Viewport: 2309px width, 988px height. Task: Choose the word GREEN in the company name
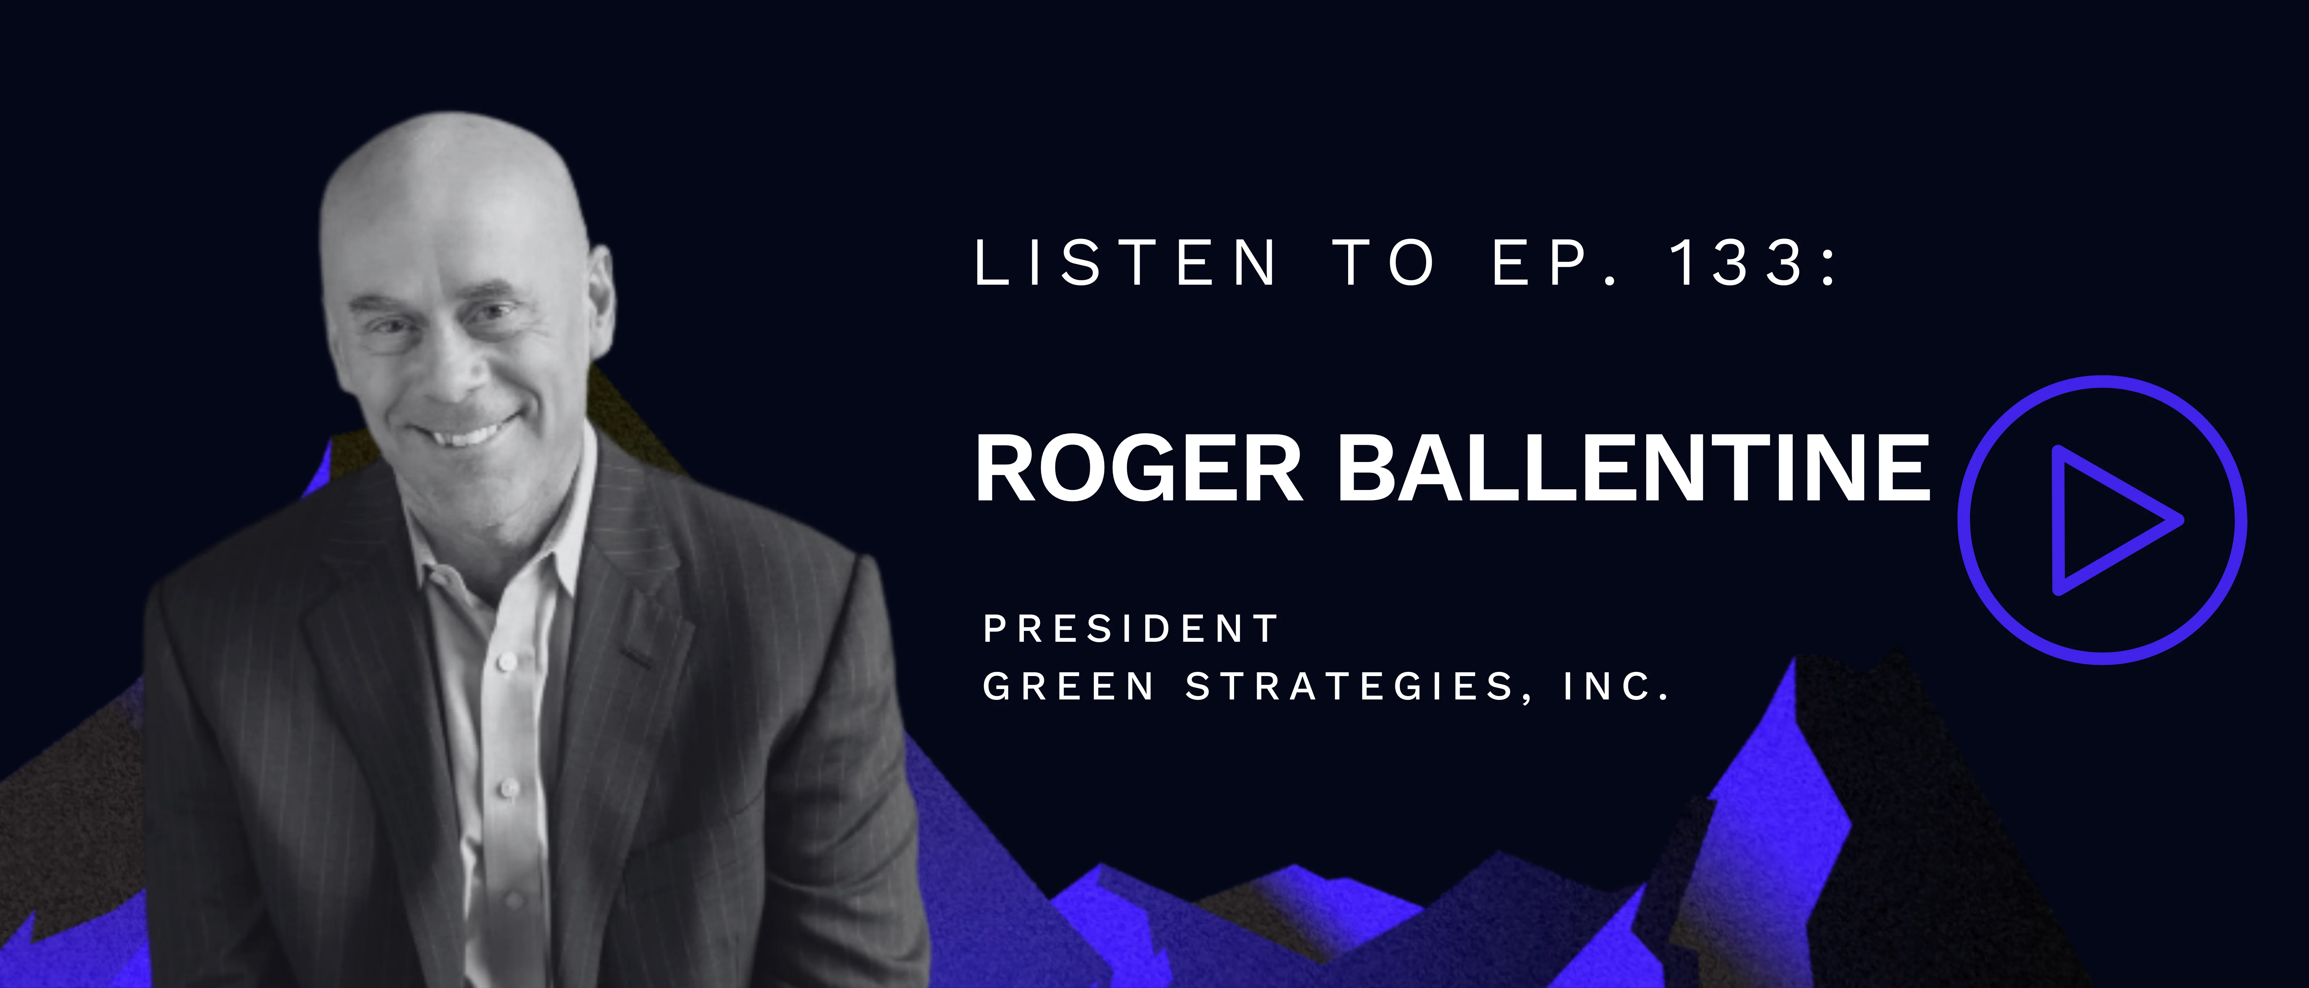[1068, 687]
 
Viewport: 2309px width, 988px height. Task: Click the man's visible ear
[599, 300]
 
